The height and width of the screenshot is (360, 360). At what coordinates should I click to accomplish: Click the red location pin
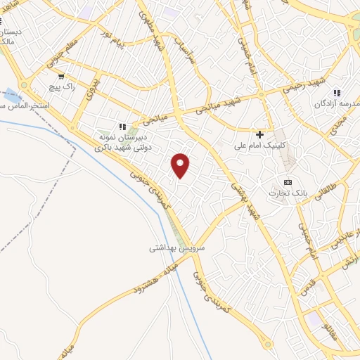(x=181, y=165)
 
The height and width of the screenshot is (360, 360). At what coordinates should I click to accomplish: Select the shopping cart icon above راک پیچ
(x=62, y=77)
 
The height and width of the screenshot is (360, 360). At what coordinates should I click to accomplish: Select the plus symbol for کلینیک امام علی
(x=260, y=134)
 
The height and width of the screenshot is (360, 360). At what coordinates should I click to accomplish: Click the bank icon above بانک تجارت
(x=287, y=181)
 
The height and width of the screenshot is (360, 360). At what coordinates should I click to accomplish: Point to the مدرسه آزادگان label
(x=338, y=104)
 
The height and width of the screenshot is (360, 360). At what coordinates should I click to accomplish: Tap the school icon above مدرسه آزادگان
(x=337, y=92)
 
